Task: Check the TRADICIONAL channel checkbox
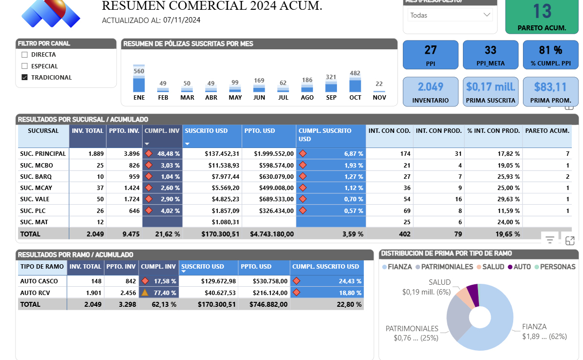click(x=24, y=77)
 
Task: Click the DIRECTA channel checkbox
click(x=24, y=55)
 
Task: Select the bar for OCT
click(x=355, y=85)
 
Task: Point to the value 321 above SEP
click(x=331, y=77)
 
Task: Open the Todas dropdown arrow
click(x=486, y=15)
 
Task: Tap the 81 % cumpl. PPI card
click(x=550, y=54)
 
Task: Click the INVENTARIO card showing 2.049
click(x=430, y=91)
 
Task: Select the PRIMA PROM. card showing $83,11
click(x=550, y=91)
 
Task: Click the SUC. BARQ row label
click(x=36, y=176)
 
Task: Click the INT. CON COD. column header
click(x=389, y=131)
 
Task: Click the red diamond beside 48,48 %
click(x=148, y=153)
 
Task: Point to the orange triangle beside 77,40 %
click(x=145, y=293)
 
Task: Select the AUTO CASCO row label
click(x=39, y=281)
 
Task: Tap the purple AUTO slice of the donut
click(x=473, y=294)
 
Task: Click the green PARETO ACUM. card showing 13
click(x=541, y=16)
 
